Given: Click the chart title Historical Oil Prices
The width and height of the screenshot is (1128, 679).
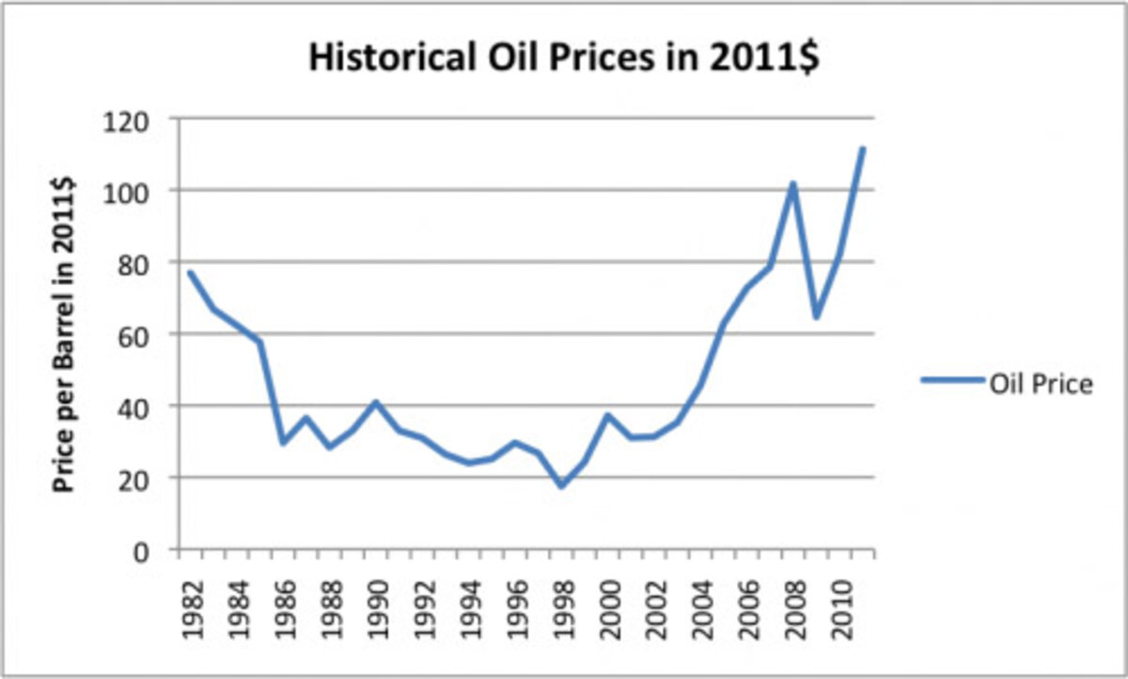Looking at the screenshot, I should [564, 60].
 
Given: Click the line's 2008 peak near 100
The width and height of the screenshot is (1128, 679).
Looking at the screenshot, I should [793, 183].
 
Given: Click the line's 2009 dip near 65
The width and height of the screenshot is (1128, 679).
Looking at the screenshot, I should [816, 317].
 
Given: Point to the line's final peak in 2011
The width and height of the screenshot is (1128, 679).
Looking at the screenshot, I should [862, 149].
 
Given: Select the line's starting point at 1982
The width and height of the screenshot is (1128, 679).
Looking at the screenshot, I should [190, 273].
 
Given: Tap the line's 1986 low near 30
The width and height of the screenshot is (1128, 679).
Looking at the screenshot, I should [283, 443].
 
